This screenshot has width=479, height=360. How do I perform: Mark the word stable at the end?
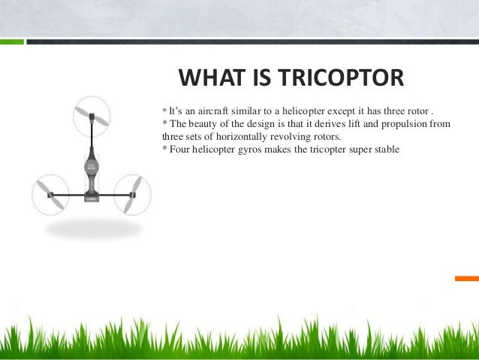click(x=385, y=149)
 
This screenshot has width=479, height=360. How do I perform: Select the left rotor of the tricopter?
click(x=50, y=195)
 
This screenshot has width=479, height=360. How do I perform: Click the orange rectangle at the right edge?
click(x=466, y=278)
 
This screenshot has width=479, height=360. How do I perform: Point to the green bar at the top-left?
click(x=11, y=41)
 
